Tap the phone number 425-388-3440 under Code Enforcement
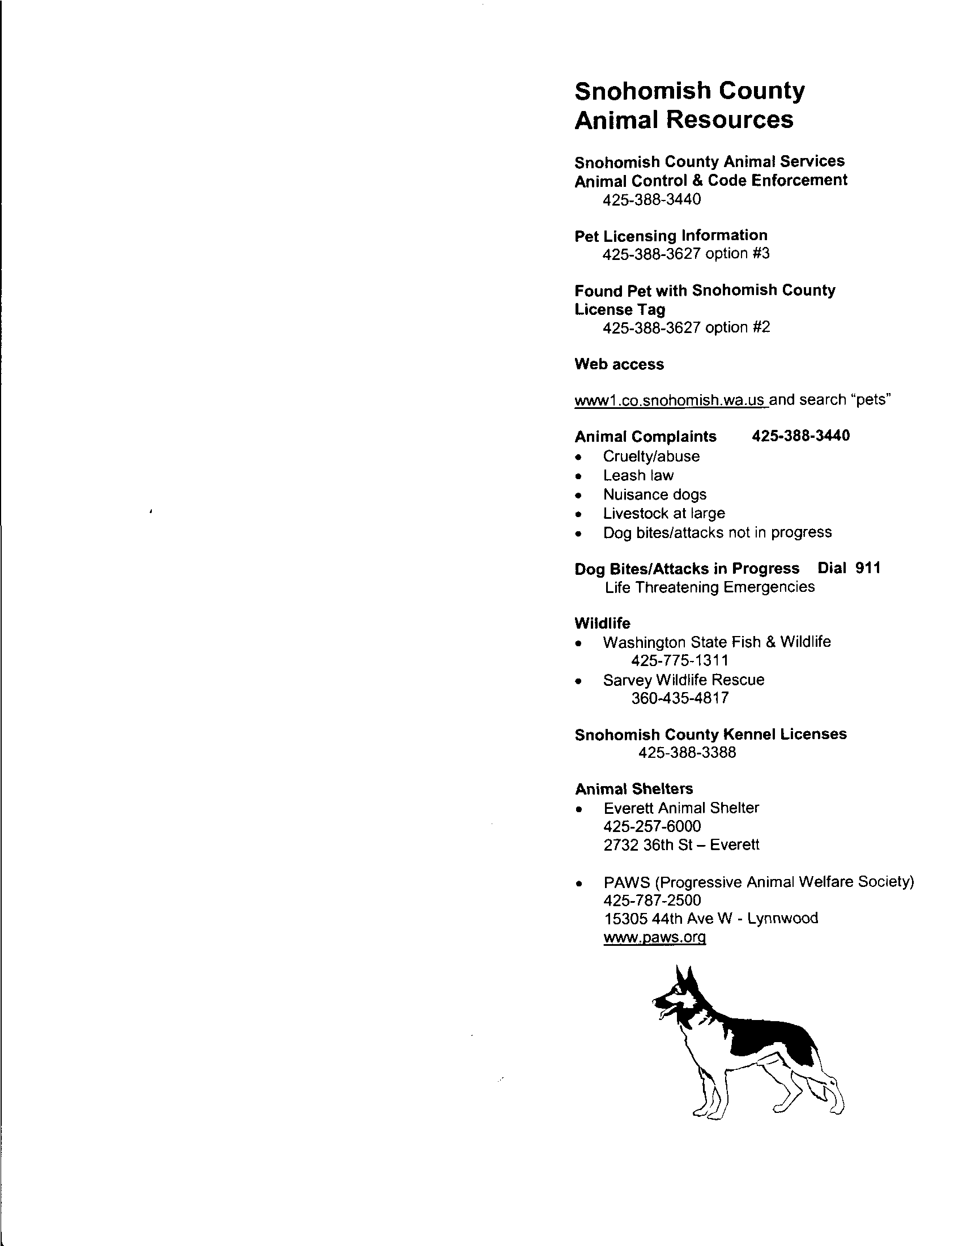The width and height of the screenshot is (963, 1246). point(651,200)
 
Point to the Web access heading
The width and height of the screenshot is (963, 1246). point(619,365)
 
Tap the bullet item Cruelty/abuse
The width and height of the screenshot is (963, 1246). point(651,456)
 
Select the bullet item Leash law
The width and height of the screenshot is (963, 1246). point(638,476)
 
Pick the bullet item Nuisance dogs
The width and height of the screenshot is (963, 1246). point(654,494)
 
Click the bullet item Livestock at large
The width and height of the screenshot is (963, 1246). point(663,514)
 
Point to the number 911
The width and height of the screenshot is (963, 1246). point(868,568)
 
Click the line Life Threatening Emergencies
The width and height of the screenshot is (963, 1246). point(710,587)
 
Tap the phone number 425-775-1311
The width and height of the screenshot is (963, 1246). point(679,660)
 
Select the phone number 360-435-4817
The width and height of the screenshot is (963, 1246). point(679,698)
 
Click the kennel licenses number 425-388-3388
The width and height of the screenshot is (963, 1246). point(687,753)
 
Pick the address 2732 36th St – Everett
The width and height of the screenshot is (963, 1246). point(681,845)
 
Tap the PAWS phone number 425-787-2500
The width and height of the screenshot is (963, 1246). point(651,901)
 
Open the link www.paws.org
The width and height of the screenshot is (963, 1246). point(654,937)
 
